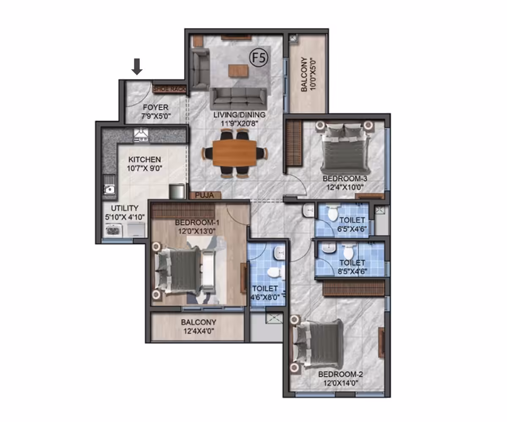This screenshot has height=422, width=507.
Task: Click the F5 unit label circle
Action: point(259,57)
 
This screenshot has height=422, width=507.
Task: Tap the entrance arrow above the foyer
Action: point(137,66)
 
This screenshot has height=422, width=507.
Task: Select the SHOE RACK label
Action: point(169,89)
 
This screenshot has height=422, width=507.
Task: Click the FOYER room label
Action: point(155,107)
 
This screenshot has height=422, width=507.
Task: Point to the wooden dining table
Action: point(234,153)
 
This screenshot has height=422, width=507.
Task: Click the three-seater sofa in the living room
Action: point(238,98)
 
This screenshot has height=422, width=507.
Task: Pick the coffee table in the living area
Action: point(238,71)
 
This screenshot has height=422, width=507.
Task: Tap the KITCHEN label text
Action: point(144,160)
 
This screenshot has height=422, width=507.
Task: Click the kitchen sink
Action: point(109,189)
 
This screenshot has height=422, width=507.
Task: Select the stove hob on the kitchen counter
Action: point(141,135)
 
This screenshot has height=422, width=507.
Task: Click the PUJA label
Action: point(204,195)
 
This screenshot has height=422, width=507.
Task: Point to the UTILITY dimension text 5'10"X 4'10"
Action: point(125,217)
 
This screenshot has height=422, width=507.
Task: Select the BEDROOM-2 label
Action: point(341,374)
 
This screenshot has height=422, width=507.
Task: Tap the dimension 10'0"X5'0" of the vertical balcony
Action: point(313,74)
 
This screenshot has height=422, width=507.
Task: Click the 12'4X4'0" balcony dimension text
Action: point(199,331)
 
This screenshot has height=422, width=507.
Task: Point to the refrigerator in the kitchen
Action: point(177,191)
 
